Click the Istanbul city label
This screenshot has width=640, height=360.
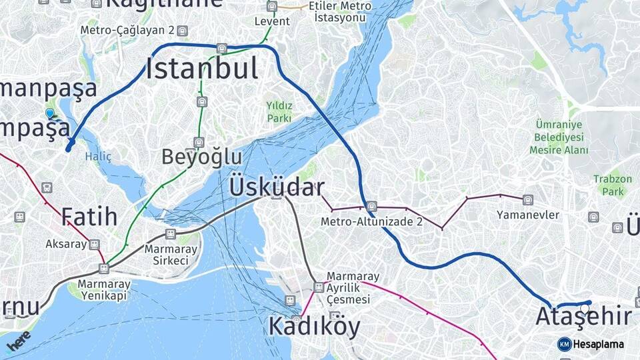click(x=202, y=69)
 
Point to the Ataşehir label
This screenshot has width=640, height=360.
click(x=583, y=316)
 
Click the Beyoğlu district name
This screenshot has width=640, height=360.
click(x=202, y=157)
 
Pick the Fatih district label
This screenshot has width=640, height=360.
click(x=89, y=217)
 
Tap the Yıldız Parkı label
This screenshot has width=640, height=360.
click(x=279, y=112)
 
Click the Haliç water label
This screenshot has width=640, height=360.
click(x=98, y=156)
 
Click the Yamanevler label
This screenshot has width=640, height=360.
click(x=528, y=215)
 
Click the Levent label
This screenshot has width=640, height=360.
click(x=272, y=21)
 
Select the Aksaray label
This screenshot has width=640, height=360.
click(x=67, y=244)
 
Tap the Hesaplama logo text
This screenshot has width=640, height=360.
click(x=598, y=344)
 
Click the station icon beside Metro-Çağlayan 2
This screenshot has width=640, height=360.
click(x=183, y=31)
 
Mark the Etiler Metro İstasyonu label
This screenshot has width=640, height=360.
click(x=341, y=11)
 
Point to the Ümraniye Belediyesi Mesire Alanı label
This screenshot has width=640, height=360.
click(x=559, y=137)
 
